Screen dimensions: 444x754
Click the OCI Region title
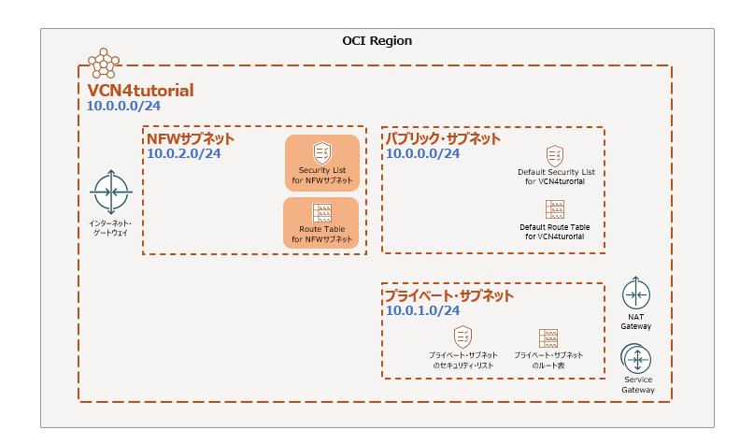coord(377,42)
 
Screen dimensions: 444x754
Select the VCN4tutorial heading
coord(140,91)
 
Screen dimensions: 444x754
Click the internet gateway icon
coord(111,193)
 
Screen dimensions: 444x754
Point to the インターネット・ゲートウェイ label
coord(110,226)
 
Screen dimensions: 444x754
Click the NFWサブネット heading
coord(191,139)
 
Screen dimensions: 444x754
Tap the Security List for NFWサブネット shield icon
coord(321,151)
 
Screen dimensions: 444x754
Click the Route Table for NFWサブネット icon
coord(321,213)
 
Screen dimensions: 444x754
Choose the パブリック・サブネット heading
coord(443,139)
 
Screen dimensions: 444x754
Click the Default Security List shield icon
coord(554,155)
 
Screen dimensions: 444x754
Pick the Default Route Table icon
coord(554,209)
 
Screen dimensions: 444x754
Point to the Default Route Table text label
coord(555,232)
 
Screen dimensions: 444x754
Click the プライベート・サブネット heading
coord(449,296)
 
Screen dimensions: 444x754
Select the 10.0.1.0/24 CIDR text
coord(422,311)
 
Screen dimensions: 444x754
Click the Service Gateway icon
coord(637,359)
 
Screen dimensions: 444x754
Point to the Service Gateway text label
coord(638,385)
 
